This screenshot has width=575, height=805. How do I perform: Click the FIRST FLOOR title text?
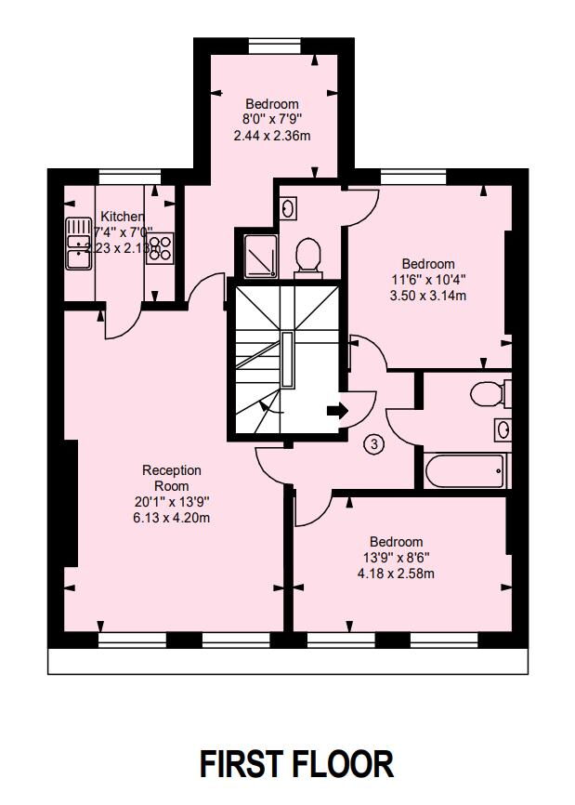coord(296,763)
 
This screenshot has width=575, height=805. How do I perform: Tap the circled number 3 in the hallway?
coord(373,445)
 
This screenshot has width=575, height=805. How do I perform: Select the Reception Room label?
coord(171,478)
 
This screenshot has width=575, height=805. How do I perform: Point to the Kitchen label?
coord(122,216)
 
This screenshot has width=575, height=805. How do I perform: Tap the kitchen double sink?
coord(78,244)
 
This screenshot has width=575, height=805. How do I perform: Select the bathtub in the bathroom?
coord(466,470)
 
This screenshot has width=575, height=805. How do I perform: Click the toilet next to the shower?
coord(307,256)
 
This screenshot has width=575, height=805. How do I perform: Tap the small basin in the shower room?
coord(288,207)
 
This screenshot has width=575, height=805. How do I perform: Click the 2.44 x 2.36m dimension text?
coord(272,136)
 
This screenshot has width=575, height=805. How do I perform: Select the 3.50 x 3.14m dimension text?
coord(428,296)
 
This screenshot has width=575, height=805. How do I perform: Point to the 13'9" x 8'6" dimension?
coord(396,558)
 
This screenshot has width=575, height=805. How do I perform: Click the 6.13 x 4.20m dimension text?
coord(171,518)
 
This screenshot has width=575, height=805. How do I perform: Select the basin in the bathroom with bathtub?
coord(503,430)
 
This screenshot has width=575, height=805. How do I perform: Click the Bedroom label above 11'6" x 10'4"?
coord(428,264)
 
